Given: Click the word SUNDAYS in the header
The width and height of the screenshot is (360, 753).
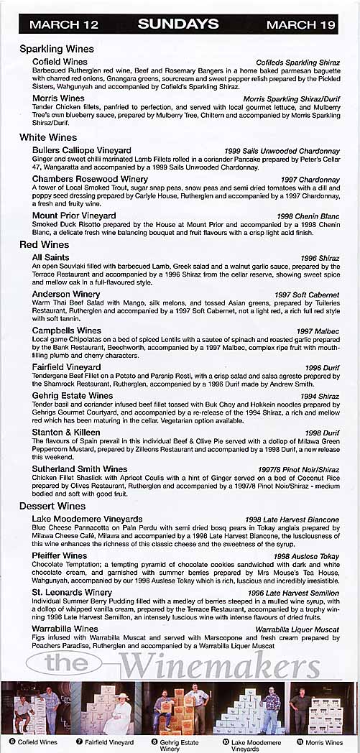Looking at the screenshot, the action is pyautogui.click(x=178, y=24).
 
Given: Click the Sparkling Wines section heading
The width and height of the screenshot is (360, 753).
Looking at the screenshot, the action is pyautogui.click(x=57, y=50).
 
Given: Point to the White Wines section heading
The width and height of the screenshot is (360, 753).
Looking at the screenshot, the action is pyautogui.click(x=48, y=137).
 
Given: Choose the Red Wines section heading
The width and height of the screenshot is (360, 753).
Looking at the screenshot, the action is pyautogui.click(x=45, y=245).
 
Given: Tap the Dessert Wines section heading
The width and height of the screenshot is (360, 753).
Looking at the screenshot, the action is pyautogui.click(x=52, y=507).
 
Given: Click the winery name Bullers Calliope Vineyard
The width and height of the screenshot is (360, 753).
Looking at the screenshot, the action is pyautogui.click(x=81, y=151).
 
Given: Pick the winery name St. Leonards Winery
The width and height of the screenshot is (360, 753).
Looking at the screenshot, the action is pyautogui.click(x=72, y=593).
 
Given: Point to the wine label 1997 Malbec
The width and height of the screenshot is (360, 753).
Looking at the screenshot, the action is pyautogui.click(x=319, y=331).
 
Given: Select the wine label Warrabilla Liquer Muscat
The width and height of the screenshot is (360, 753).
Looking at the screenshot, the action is pyautogui.click(x=297, y=629).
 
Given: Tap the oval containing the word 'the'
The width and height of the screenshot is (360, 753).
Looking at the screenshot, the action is pyautogui.click(x=64, y=663).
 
